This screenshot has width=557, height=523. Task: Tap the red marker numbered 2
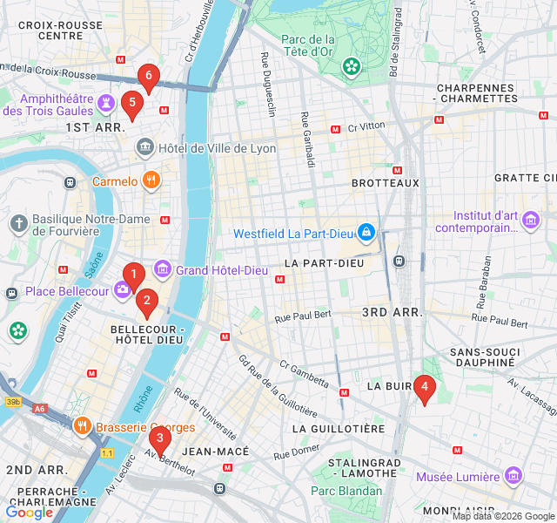(146, 302)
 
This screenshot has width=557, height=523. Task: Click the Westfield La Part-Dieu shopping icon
(366, 233)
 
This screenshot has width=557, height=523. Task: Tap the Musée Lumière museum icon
(513, 476)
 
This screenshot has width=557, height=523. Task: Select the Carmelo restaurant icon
(151, 180)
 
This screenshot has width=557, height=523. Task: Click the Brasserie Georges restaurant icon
(84, 426)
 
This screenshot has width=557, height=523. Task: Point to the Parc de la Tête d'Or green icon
(351, 66)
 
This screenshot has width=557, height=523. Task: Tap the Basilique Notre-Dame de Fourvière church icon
(18, 224)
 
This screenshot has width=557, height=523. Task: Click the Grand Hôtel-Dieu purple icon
(162, 269)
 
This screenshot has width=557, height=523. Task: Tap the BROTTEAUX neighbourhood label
(385, 183)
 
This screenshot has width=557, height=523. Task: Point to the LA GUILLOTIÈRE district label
(338, 429)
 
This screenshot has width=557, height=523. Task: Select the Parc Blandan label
(346, 491)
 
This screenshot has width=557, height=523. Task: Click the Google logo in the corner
(30, 513)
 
